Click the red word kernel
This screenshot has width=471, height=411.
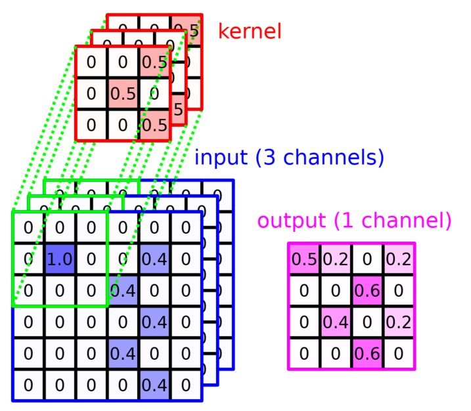click(250, 31)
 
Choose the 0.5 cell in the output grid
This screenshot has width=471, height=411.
click(304, 259)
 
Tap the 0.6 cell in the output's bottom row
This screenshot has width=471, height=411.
click(367, 353)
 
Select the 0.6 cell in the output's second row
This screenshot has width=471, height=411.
click(367, 290)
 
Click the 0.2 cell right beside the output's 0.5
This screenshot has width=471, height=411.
click(336, 259)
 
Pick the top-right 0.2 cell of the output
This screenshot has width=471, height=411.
click(399, 259)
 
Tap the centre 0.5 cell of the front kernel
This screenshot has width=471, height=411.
click(123, 93)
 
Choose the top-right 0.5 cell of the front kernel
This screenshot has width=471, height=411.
click(154, 62)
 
